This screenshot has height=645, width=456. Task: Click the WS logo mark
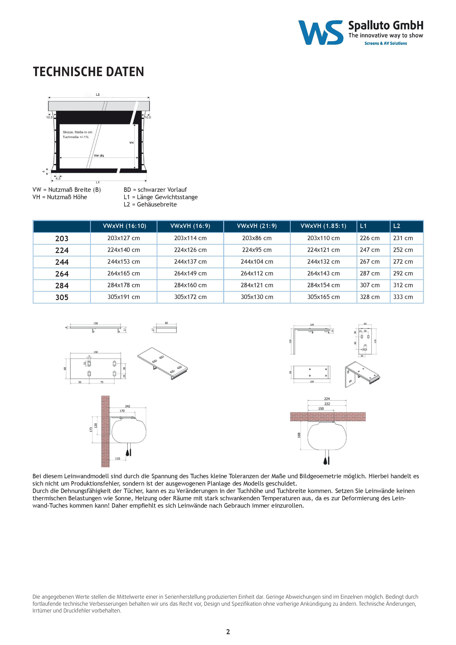[x=320, y=32]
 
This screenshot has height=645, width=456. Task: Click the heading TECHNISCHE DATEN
[x=88, y=72]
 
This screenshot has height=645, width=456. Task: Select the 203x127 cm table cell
[x=124, y=238]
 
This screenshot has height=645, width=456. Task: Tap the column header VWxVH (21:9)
[x=257, y=226]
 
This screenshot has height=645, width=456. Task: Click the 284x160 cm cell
[x=190, y=285]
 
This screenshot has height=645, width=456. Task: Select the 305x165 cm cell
[x=323, y=297]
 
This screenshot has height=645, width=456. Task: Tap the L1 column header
[x=363, y=226]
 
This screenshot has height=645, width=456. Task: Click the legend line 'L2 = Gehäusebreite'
[x=150, y=204]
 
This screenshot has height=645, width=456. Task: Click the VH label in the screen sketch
[x=131, y=143]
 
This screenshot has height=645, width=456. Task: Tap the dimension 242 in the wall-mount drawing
[x=128, y=406]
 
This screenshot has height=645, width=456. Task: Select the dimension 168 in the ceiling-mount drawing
[x=299, y=435]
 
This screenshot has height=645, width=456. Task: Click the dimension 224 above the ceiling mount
[x=327, y=399]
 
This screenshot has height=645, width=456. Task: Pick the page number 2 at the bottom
[x=228, y=632]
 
